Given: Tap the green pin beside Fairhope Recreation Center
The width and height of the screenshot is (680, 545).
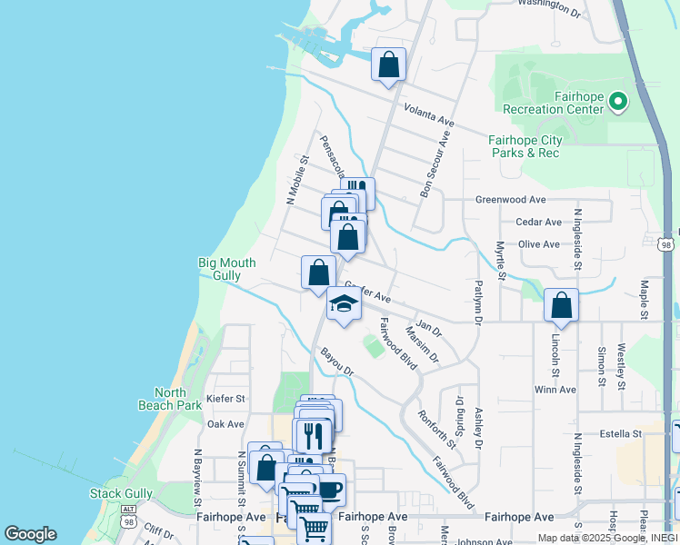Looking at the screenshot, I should coord(618,101).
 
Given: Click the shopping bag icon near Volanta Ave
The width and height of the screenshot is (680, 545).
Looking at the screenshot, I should coord(388,64).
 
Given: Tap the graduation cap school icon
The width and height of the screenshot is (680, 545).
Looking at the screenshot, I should coord(345,304).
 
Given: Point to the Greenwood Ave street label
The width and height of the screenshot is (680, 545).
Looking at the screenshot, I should coord(510,200).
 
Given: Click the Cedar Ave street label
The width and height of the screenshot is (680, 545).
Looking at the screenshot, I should coord(538,222).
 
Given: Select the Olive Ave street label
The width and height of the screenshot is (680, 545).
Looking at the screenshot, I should coord(538,244).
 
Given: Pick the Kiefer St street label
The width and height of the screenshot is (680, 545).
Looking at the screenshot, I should coord(226,398).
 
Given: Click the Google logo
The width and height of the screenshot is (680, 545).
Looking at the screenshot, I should coord(30,534).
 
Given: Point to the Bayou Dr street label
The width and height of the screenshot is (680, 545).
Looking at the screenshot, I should coord(336,361).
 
